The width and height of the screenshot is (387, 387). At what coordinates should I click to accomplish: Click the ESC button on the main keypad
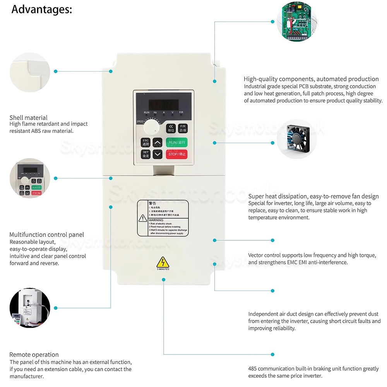(x=146, y=142)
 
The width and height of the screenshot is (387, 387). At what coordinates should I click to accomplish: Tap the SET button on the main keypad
(x=146, y=154)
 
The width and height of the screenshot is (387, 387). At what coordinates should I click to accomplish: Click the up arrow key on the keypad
(x=157, y=142)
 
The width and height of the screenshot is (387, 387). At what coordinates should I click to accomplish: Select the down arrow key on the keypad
(x=157, y=154)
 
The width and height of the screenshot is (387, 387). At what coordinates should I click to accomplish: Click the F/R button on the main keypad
(x=183, y=128)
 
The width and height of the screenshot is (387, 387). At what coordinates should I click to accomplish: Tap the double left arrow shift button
(x=171, y=128)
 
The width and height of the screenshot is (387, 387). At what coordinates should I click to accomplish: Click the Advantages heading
(x=42, y=9)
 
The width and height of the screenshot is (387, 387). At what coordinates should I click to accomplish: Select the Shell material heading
(x=29, y=118)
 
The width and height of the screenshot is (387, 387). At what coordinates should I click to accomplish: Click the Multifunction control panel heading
(x=46, y=235)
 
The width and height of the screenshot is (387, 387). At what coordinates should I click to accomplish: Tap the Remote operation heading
(x=34, y=354)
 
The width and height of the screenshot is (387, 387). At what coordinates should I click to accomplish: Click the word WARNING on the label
(x=156, y=220)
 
